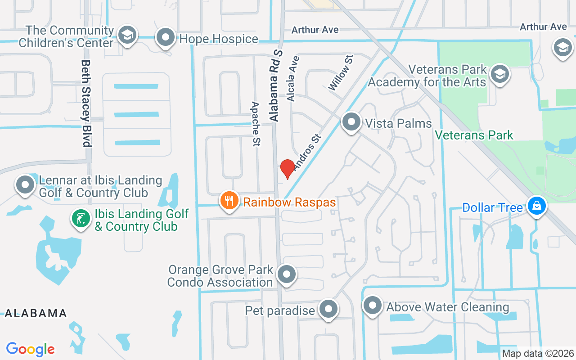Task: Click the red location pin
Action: [x=287, y=169]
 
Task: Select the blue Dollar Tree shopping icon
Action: [x=536, y=206]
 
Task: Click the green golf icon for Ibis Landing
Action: [x=81, y=219]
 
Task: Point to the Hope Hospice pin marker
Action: [x=166, y=37]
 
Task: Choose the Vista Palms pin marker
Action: [x=351, y=122]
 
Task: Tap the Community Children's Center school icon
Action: [x=127, y=35]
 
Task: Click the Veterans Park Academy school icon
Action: [x=499, y=74]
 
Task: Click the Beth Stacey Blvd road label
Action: [x=86, y=103]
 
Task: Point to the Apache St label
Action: [x=256, y=124]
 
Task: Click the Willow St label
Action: [x=341, y=72]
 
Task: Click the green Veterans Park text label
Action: [x=474, y=135]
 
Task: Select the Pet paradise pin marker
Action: [x=328, y=309]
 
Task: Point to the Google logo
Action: [x=31, y=349]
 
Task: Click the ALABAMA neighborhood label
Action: [x=36, y=313]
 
